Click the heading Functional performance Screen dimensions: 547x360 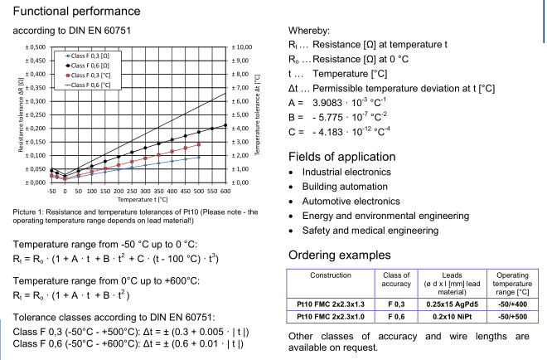[x=76, y=11]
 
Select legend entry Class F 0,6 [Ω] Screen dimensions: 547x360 [x=88, y=66]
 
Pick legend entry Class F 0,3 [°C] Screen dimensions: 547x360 [x=88, y=75]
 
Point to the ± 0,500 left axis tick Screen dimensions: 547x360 [x=36, y=47]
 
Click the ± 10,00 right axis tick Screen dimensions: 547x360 [x=242, y=47]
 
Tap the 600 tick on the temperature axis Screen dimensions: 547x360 [x=225, y=191]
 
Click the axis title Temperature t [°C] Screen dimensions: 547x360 [x=143, y=199]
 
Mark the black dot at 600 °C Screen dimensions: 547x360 [x=225, y=125]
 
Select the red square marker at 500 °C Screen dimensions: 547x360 [x=199, y=144]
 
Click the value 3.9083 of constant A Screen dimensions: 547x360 [x=327, y=103]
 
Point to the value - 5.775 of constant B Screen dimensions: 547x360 [x=327, y=117]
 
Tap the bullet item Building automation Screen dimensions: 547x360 [x=345, y=187]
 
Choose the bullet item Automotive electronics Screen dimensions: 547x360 [x=351, y=201]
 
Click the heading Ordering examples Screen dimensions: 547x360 [x=340, y=255]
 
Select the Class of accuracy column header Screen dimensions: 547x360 [x=396, y=280]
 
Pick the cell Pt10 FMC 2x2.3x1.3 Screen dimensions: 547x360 [x=331, y=304]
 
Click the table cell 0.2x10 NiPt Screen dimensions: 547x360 [x=453, y=317]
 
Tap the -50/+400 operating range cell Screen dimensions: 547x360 [x=512, y=304]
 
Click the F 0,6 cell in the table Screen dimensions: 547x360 [x=396, y=317]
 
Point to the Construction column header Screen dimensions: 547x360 [x=331, y=275]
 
